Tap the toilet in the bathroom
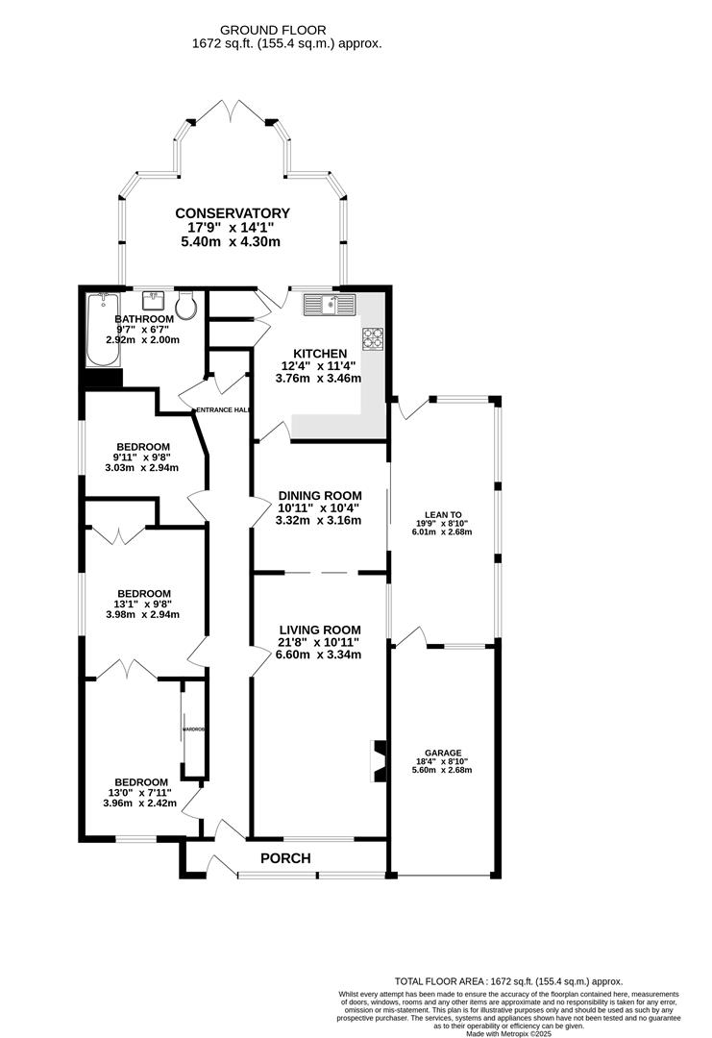(x=186, y=308)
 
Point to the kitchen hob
(x=372, y=338)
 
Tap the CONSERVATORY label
(x=232, y=213)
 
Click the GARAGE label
(x=444, y=753)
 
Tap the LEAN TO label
(x=444, y=514)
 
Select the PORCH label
(x=286, y=857)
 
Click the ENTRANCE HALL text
(x=223, y=410)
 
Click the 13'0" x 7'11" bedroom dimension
(x=140, y=792)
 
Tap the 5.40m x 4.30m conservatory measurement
(x=231, y=241)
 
